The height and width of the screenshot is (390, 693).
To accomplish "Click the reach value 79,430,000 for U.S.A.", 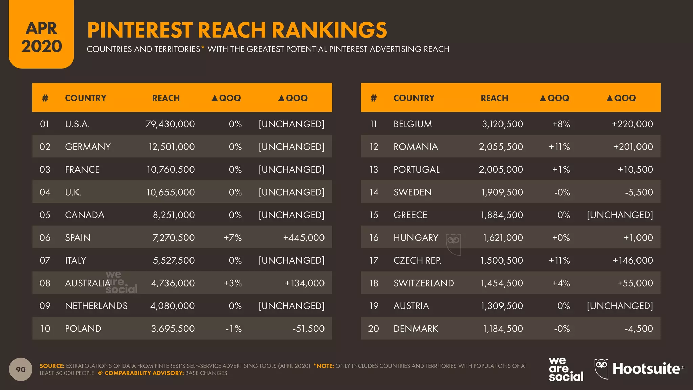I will (x=170, y=124).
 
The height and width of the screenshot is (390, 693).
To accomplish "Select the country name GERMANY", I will (x=88, y=147).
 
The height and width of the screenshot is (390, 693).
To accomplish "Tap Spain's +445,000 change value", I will (x=304, y=238).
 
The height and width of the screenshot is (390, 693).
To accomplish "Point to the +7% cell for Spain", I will (x=232, y=238).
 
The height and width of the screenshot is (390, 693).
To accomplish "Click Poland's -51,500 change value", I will (x=308, y=329).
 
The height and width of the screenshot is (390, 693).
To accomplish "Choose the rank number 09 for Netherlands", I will (x=45, y=306).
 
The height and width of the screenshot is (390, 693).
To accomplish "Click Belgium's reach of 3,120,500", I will (x=502, y=124).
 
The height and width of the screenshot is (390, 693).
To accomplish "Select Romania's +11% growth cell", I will (x=559, y=147).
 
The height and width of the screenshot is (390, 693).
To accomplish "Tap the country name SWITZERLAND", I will (x=424, y=283).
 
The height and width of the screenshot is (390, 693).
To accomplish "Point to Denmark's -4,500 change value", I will (x=639, y=329).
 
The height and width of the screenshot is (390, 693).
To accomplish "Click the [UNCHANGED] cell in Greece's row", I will (x=620, y=215).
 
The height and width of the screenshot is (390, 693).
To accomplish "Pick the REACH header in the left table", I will (x=166, y=98).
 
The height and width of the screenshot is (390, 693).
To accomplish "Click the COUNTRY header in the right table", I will (x=414, y=98).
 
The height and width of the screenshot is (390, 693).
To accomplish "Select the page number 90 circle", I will (x=21, y=369).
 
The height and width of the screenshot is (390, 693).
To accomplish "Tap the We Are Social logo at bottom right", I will (x=566, y=369).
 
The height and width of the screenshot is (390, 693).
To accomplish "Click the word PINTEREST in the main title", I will (x=140, y=30).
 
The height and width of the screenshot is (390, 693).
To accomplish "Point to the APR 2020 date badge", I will (x=42, y=37).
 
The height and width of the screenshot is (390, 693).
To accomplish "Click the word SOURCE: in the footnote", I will (x=52, y=366).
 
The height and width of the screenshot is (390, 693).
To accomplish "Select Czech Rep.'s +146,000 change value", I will (x=632, y=260).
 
